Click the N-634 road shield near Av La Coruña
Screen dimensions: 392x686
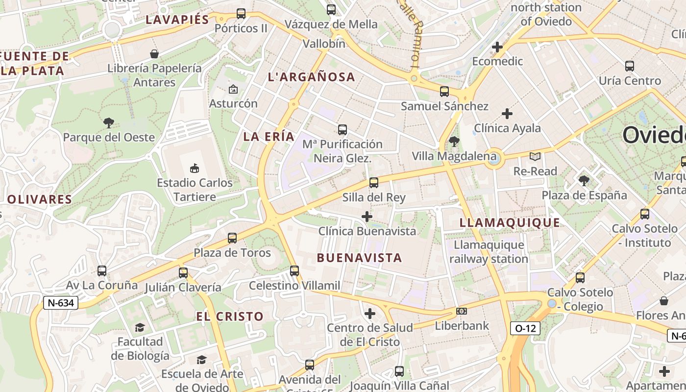(62, 303)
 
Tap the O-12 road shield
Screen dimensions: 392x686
(525, 328)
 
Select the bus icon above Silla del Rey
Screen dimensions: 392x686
(374, 183)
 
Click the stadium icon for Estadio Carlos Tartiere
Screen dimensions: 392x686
(195, 168)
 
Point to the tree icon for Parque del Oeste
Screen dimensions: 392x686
(109, 122)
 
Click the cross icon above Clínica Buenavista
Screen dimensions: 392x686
(367, 216)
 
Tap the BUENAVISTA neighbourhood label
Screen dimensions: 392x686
(359, 258)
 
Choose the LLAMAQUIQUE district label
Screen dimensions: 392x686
(510, 223)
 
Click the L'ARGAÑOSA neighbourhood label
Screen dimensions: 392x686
(312, 77)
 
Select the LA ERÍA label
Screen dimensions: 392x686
(269, 137)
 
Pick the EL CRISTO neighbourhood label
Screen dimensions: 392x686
(230, 317)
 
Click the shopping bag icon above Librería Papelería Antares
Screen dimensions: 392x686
(154, 53)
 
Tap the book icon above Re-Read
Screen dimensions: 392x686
(535, 156)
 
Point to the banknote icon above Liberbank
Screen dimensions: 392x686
(461, 311)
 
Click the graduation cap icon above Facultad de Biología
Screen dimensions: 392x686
(140, 327)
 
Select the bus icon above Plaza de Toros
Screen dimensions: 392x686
(232, 238)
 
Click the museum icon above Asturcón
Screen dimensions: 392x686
(233, 89)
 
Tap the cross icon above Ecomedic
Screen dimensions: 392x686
(497, 47)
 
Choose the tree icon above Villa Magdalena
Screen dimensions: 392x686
(454, 142)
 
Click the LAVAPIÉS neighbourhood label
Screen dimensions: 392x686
(177, 20)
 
